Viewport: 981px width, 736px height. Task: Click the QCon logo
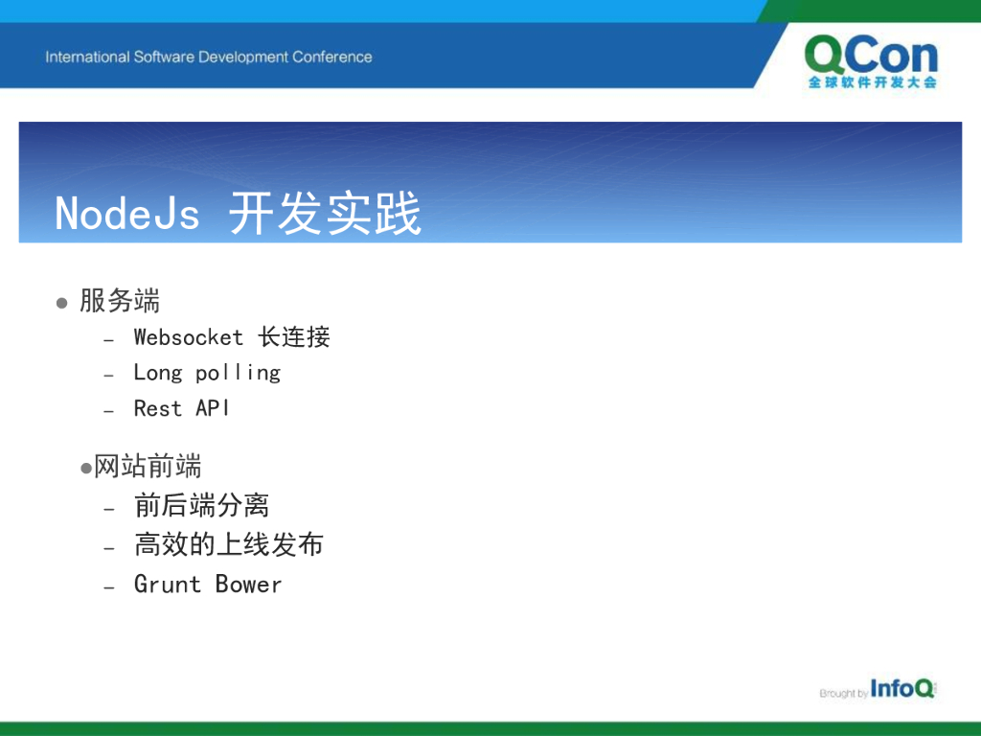(x=872, y=62)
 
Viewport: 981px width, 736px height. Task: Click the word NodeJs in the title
(x=127, y=214)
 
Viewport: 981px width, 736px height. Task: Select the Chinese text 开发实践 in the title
(x=325, y=214)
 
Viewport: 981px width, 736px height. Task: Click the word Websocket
(x=189, y=337)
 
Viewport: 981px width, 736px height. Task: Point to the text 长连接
(x=294, y=337)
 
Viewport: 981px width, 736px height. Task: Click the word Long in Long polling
(x=158, y=373)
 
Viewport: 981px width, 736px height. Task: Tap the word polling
(x=238, y=374)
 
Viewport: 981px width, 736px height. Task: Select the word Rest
(x=158, y=408)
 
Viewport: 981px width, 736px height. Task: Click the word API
(x=212, y=408)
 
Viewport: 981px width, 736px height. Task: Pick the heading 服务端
(x=120, y=300)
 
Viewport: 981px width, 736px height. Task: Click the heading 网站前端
(x=148, y=467)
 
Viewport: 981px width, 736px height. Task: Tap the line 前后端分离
(x=201, y=505)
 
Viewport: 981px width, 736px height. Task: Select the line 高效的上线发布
(x=229, y=544)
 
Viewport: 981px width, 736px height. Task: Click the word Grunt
(x=167, y=584)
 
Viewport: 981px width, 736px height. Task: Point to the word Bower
(x=248, y=584)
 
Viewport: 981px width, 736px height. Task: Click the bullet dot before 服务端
(x=61, y=304)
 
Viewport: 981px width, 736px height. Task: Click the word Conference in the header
(x=332, y=57)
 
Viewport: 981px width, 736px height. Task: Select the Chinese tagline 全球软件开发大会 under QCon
(x=872, y=82)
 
